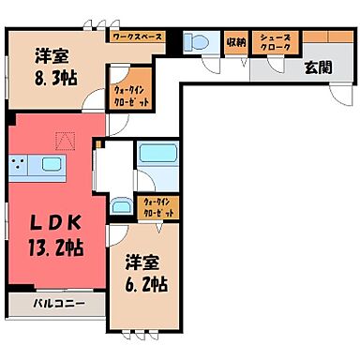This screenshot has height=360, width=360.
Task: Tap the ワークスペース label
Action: [137, 38]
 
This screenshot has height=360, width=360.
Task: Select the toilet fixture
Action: [197, 42]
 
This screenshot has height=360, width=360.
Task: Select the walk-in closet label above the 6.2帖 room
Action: [156, 208]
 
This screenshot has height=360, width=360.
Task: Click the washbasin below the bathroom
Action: [121, 208]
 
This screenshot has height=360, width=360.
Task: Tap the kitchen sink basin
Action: [50, 165]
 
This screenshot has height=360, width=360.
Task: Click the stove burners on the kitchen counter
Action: [20, 165]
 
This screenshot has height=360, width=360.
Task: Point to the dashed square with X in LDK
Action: [64, 142]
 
